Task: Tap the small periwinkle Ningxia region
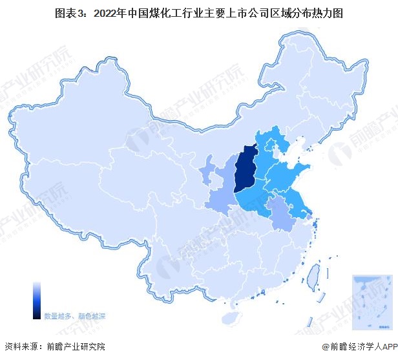point(209,172)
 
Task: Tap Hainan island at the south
point(230,317)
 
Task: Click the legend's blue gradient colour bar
point(37,300)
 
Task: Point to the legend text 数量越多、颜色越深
point(74,316)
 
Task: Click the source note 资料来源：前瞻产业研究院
point(54,348)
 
